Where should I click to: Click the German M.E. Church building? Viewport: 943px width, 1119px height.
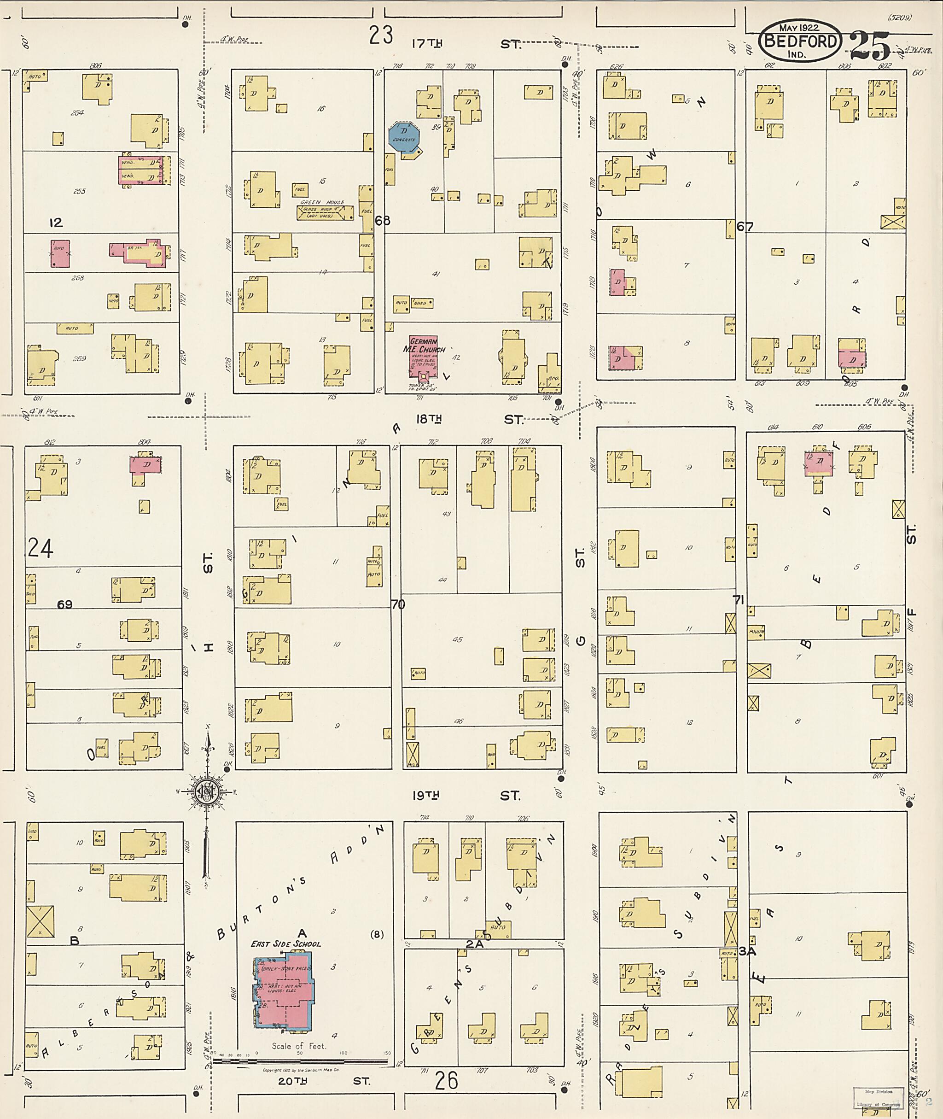(x=424, y=356)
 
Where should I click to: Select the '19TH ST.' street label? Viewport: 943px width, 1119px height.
(x=466, y=796)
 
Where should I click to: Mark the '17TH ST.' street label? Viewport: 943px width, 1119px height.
(x=465, y=44)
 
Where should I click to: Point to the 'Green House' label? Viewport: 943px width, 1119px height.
(x=322, y=202)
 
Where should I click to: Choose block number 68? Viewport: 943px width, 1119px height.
(x=383, y=220)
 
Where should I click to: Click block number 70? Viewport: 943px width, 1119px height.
(x=398, y=604)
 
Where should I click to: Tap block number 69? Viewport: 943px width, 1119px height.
(x=64, y=604)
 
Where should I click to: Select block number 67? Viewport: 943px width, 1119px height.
(x=745, y=227)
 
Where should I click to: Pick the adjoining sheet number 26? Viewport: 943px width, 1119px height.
(x=446, y=1081)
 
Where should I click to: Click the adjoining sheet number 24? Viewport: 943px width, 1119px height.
(x=40, y=548)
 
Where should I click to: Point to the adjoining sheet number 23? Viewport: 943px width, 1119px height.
(x=381, y=35)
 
